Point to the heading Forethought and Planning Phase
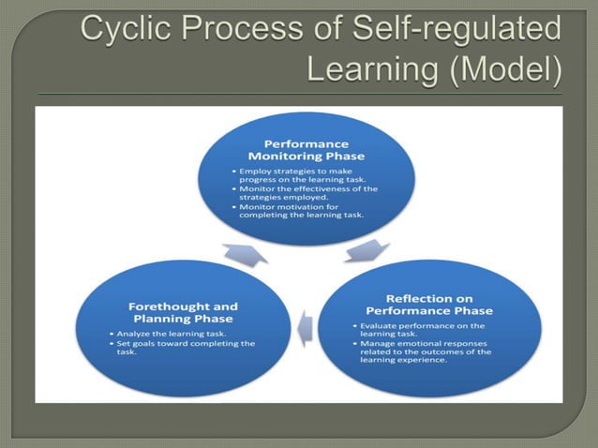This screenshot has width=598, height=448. (182, 312)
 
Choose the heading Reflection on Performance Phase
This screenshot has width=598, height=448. (428, 305)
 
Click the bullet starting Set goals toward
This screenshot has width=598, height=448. (184, 348)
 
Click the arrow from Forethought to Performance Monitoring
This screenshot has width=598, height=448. (245, 253)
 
